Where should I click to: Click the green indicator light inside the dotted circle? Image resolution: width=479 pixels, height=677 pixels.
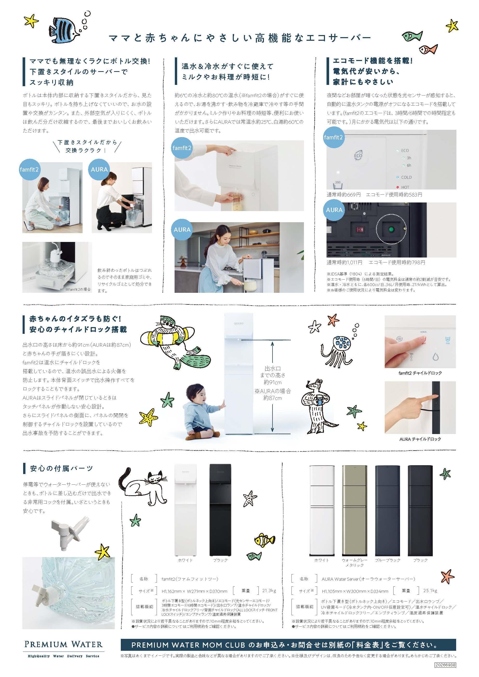tap(391, 229)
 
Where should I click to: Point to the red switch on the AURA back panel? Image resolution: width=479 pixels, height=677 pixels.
tap(360, 229)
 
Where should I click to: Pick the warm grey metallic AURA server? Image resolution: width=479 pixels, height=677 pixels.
tap(355, 510)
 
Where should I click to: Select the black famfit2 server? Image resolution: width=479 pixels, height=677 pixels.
tap(220, 510)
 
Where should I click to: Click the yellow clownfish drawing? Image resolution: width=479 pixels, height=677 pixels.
tap(264, 540)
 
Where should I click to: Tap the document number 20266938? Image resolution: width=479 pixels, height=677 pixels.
tap(445, 665)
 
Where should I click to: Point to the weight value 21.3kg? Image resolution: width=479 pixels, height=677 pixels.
tap(269, 591)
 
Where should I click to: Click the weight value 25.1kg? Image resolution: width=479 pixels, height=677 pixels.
tap(430, 591)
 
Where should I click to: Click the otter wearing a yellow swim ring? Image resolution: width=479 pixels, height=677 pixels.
tap(174, 342)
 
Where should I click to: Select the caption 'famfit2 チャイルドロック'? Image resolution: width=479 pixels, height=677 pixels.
tap(420, 373)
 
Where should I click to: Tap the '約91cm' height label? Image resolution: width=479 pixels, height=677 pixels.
tap(272, 382)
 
